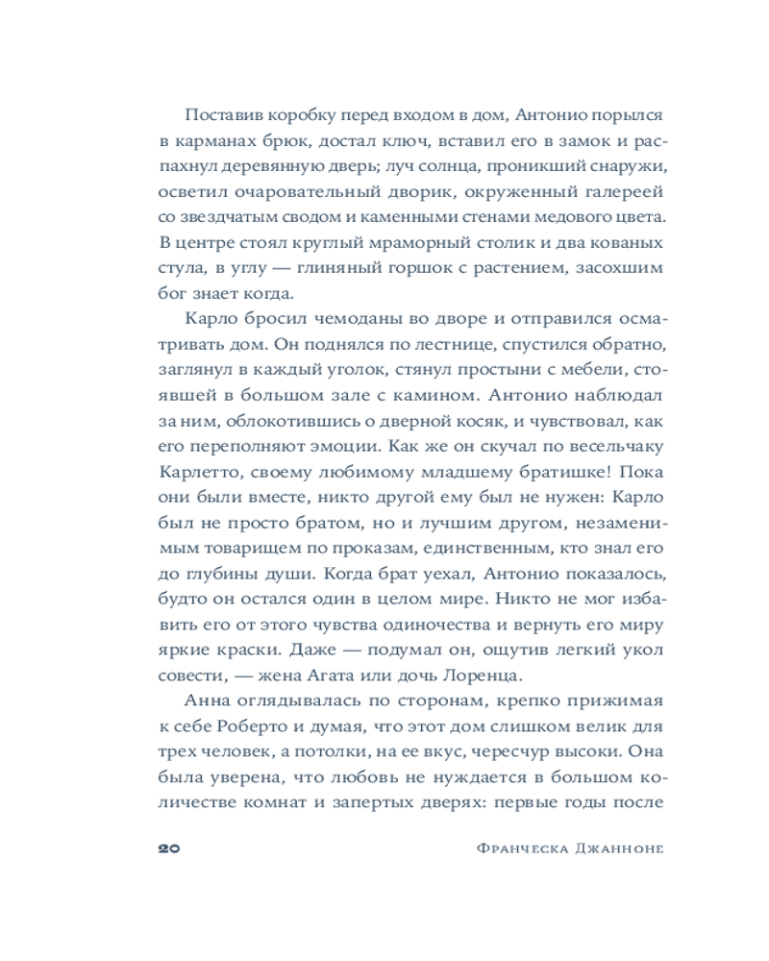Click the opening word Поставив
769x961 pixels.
point(215,114)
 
